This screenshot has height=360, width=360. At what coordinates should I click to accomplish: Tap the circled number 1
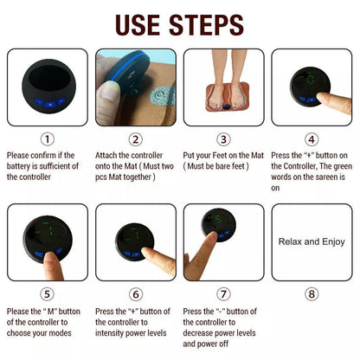pyautogui.click(x=48, y=138)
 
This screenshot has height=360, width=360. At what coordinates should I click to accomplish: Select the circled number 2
pyautogui.click(x=136, y=138)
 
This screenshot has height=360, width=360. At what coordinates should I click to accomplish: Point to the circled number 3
pyautogui.click(x=224, y=138)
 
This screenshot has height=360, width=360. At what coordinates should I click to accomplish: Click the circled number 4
pyautogui.click(x=312, y=138)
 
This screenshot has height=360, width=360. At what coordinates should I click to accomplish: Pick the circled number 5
pyautogui.click(x=48, y=293)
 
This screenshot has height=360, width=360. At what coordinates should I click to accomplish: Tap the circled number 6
pyautogui.click(x=136, y=293)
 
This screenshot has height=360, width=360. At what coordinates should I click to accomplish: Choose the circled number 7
pyautogui.click(x=224, y=293)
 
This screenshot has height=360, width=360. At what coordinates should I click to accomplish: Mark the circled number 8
pyautogui.click(x=312, y=293)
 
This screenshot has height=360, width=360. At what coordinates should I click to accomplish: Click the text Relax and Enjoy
pyautogui.click(x=312, y=241)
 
